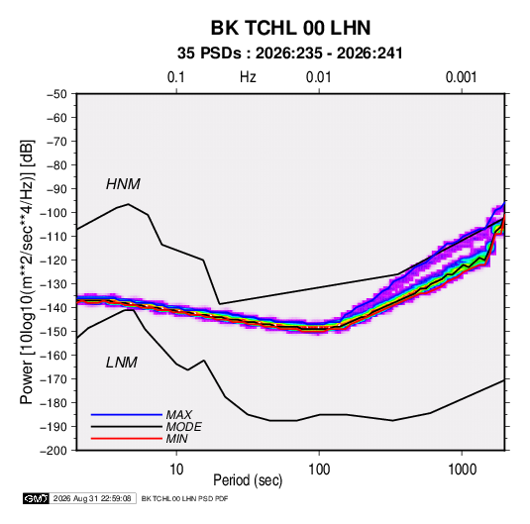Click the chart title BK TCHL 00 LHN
pos(290,28)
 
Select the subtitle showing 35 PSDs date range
pos(290,53)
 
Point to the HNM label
pos(123,184)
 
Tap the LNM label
pos(122,363)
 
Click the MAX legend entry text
pos(179,415)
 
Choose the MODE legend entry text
pos(184,427)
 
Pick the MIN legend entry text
pos(177,439)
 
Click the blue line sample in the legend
pos(127,415)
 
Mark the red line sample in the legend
pos(127,439)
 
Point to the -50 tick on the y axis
pos(57,94)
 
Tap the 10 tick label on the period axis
pos(176,470)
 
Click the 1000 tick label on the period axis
pos(462,470)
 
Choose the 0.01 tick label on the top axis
pos(319,77)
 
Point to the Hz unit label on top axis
pos(248,77)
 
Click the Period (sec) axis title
pos(248,480)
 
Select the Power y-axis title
pos(27,272)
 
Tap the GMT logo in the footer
pos(37,498)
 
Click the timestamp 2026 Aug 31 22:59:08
pos(92,498)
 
